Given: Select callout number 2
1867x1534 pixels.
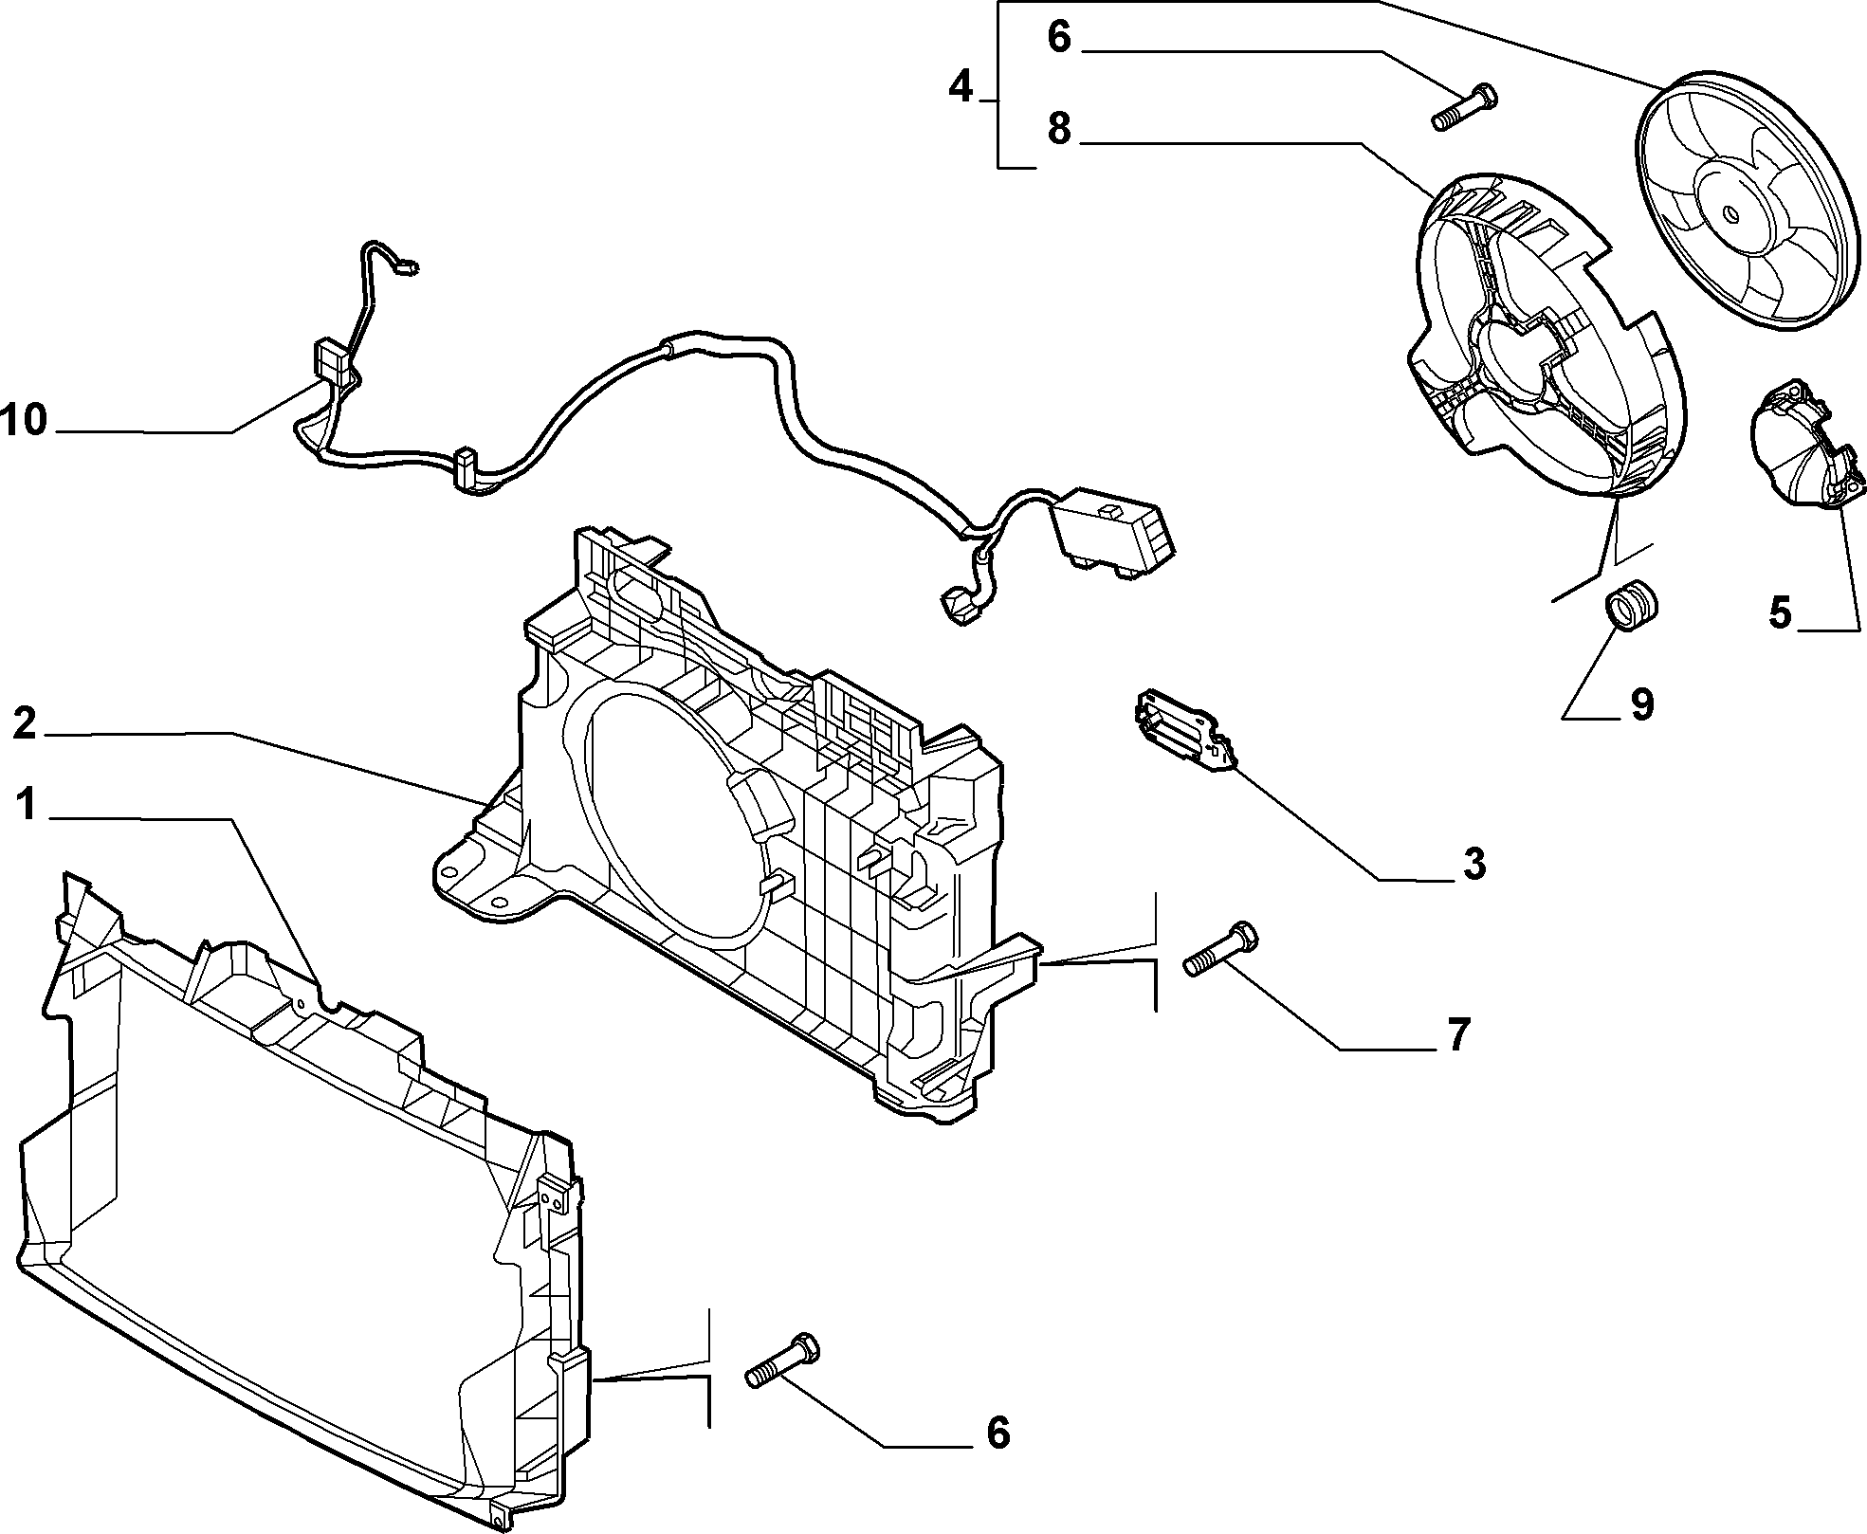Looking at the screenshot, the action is click(25, 724).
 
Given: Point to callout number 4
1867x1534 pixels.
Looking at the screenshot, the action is click(961, 88).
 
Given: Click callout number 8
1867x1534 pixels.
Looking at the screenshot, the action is click(1059, 129).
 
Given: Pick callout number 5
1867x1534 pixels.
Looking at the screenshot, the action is click(1781, 612).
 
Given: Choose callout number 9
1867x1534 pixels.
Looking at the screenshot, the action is click(1641, 704).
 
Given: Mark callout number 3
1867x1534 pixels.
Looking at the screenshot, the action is click(1473, 864).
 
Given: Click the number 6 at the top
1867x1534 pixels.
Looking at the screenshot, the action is click(1059, 39).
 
